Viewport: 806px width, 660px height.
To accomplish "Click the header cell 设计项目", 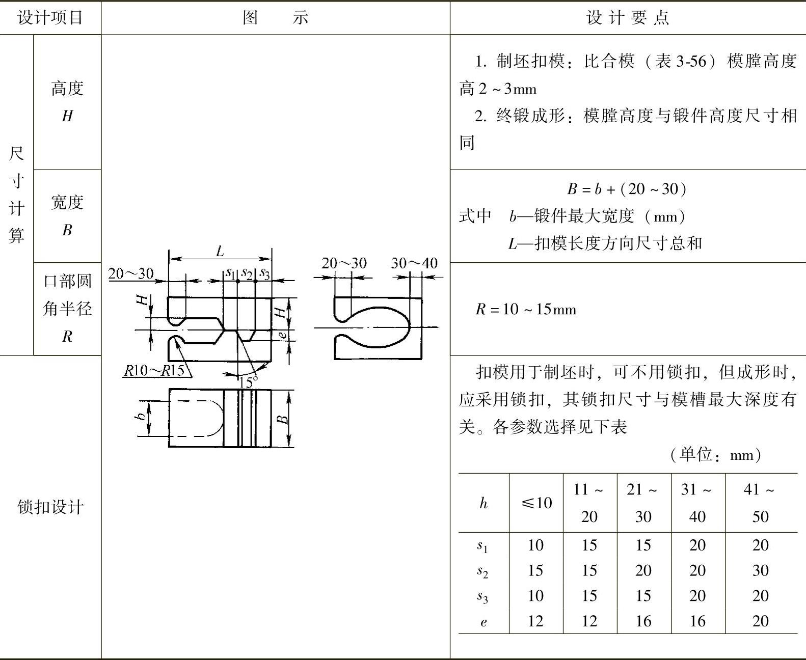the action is [x=50, y=18].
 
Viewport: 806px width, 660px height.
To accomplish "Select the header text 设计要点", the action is [x=628, y=18].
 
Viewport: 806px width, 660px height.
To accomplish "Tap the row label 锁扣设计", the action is [x=50, y=507].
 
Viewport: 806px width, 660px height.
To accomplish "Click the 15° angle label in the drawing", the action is [x=248, y=381].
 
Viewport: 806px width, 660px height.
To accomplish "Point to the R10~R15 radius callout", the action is [x=154, y=370].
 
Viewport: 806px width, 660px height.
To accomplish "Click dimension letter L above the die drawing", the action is [x=220, y=251].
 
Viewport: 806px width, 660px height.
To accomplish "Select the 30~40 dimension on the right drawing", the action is [x=414, y=263].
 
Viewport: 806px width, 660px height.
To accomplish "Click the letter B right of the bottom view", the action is [x=283, y=419].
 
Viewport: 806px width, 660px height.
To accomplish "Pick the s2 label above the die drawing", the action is [x=247, y=273].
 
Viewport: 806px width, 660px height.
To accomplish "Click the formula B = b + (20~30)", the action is [x=627, y=189].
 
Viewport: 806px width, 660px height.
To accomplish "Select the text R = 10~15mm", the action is [x=526, y=309].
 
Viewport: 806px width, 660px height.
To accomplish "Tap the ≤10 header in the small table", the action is [x=536, y=503].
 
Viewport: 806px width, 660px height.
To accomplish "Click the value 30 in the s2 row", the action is [x=760, y=570].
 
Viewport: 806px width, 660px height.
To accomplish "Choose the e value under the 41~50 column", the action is [x=760, y=621].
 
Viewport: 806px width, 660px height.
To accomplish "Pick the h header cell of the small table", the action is [x=483, y=503].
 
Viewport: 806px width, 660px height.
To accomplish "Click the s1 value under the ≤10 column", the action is [x=535, y=545].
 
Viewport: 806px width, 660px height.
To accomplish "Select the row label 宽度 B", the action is [x=67, y=216].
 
